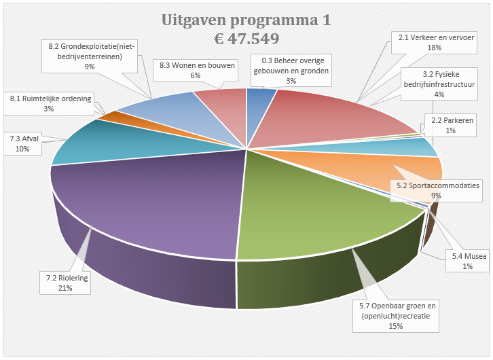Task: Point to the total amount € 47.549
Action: coord(246,39)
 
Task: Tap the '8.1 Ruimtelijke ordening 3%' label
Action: coord(48,104)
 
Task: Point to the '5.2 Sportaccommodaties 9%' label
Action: coord(438,190)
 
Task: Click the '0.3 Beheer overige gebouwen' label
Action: coord(291,70)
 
